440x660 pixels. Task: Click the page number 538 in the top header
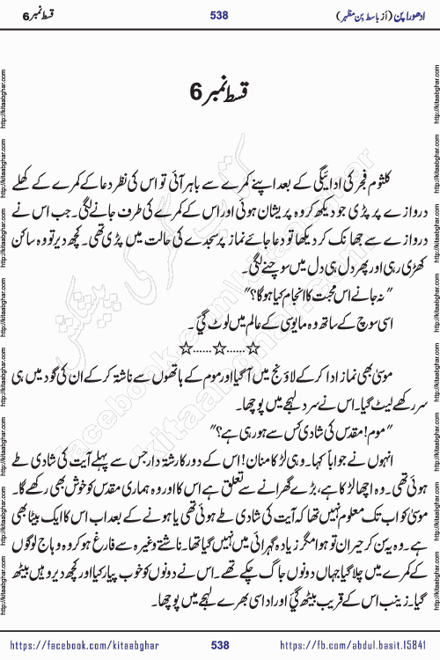(220, 16)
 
